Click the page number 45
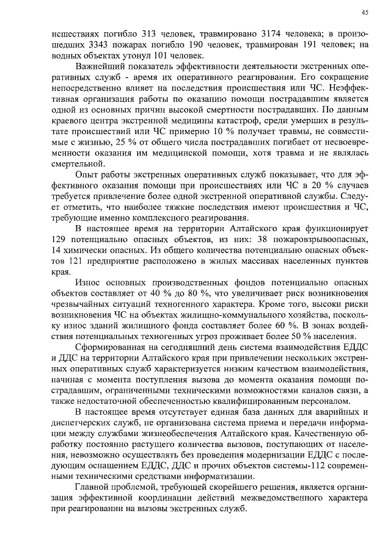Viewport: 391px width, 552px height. [x=364, y=12]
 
